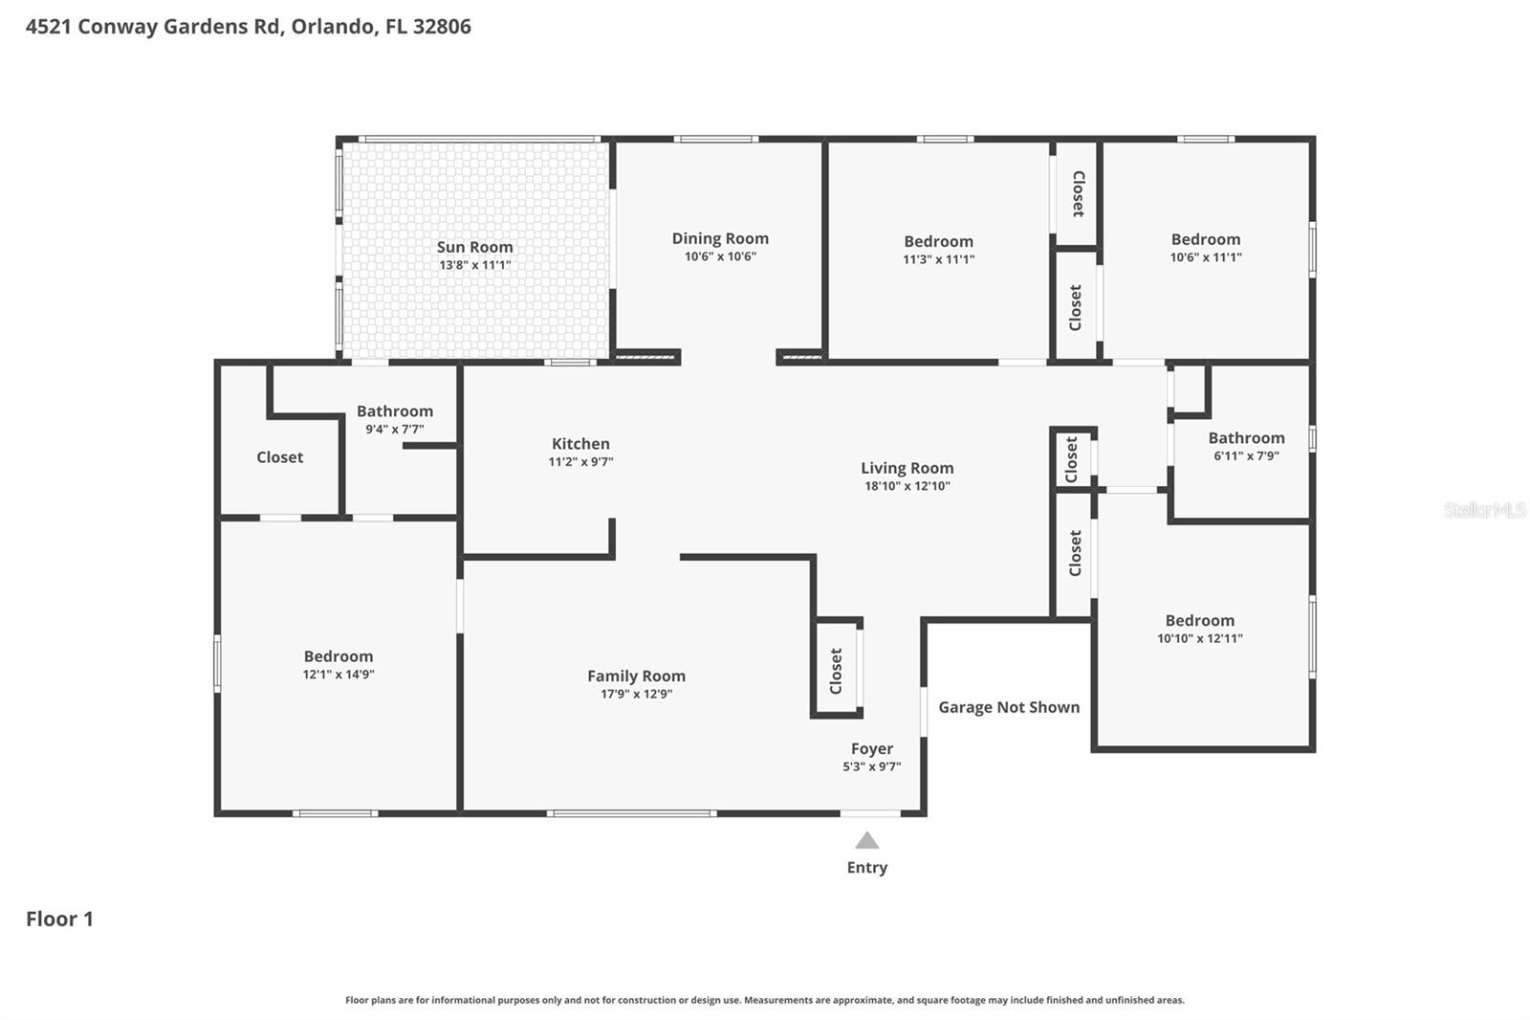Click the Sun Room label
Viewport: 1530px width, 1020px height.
coord(474,247)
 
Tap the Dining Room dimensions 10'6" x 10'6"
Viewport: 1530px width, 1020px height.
coord(720,256)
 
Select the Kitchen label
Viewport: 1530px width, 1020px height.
coord(580,444)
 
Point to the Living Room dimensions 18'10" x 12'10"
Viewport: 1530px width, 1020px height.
coord(907,486)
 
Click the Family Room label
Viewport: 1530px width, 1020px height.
coord(636,676)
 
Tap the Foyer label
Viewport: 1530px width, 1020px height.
coord(871,749)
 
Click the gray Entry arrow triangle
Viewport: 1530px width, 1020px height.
coord(866,841)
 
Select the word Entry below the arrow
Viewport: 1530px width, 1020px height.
coord(866,868)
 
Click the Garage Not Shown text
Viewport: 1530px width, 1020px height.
coord(1008,707)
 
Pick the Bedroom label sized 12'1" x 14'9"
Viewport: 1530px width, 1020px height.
coord(339,656)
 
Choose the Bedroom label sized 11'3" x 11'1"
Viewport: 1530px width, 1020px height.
coord(938,242)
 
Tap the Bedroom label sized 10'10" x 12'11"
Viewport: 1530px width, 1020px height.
coord(1199,621)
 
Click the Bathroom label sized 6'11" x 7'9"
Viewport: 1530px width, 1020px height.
coord(1246,438)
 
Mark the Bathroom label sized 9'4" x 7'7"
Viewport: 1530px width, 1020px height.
coord(394,411)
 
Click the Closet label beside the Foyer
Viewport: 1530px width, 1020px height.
coord(836,671)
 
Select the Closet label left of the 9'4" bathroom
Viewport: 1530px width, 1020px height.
coord(279,457)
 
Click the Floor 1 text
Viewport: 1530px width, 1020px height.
coord(59,919)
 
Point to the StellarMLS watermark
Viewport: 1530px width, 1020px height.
coord(1484,510)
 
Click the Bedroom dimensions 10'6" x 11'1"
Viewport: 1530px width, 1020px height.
coord(1205,257)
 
